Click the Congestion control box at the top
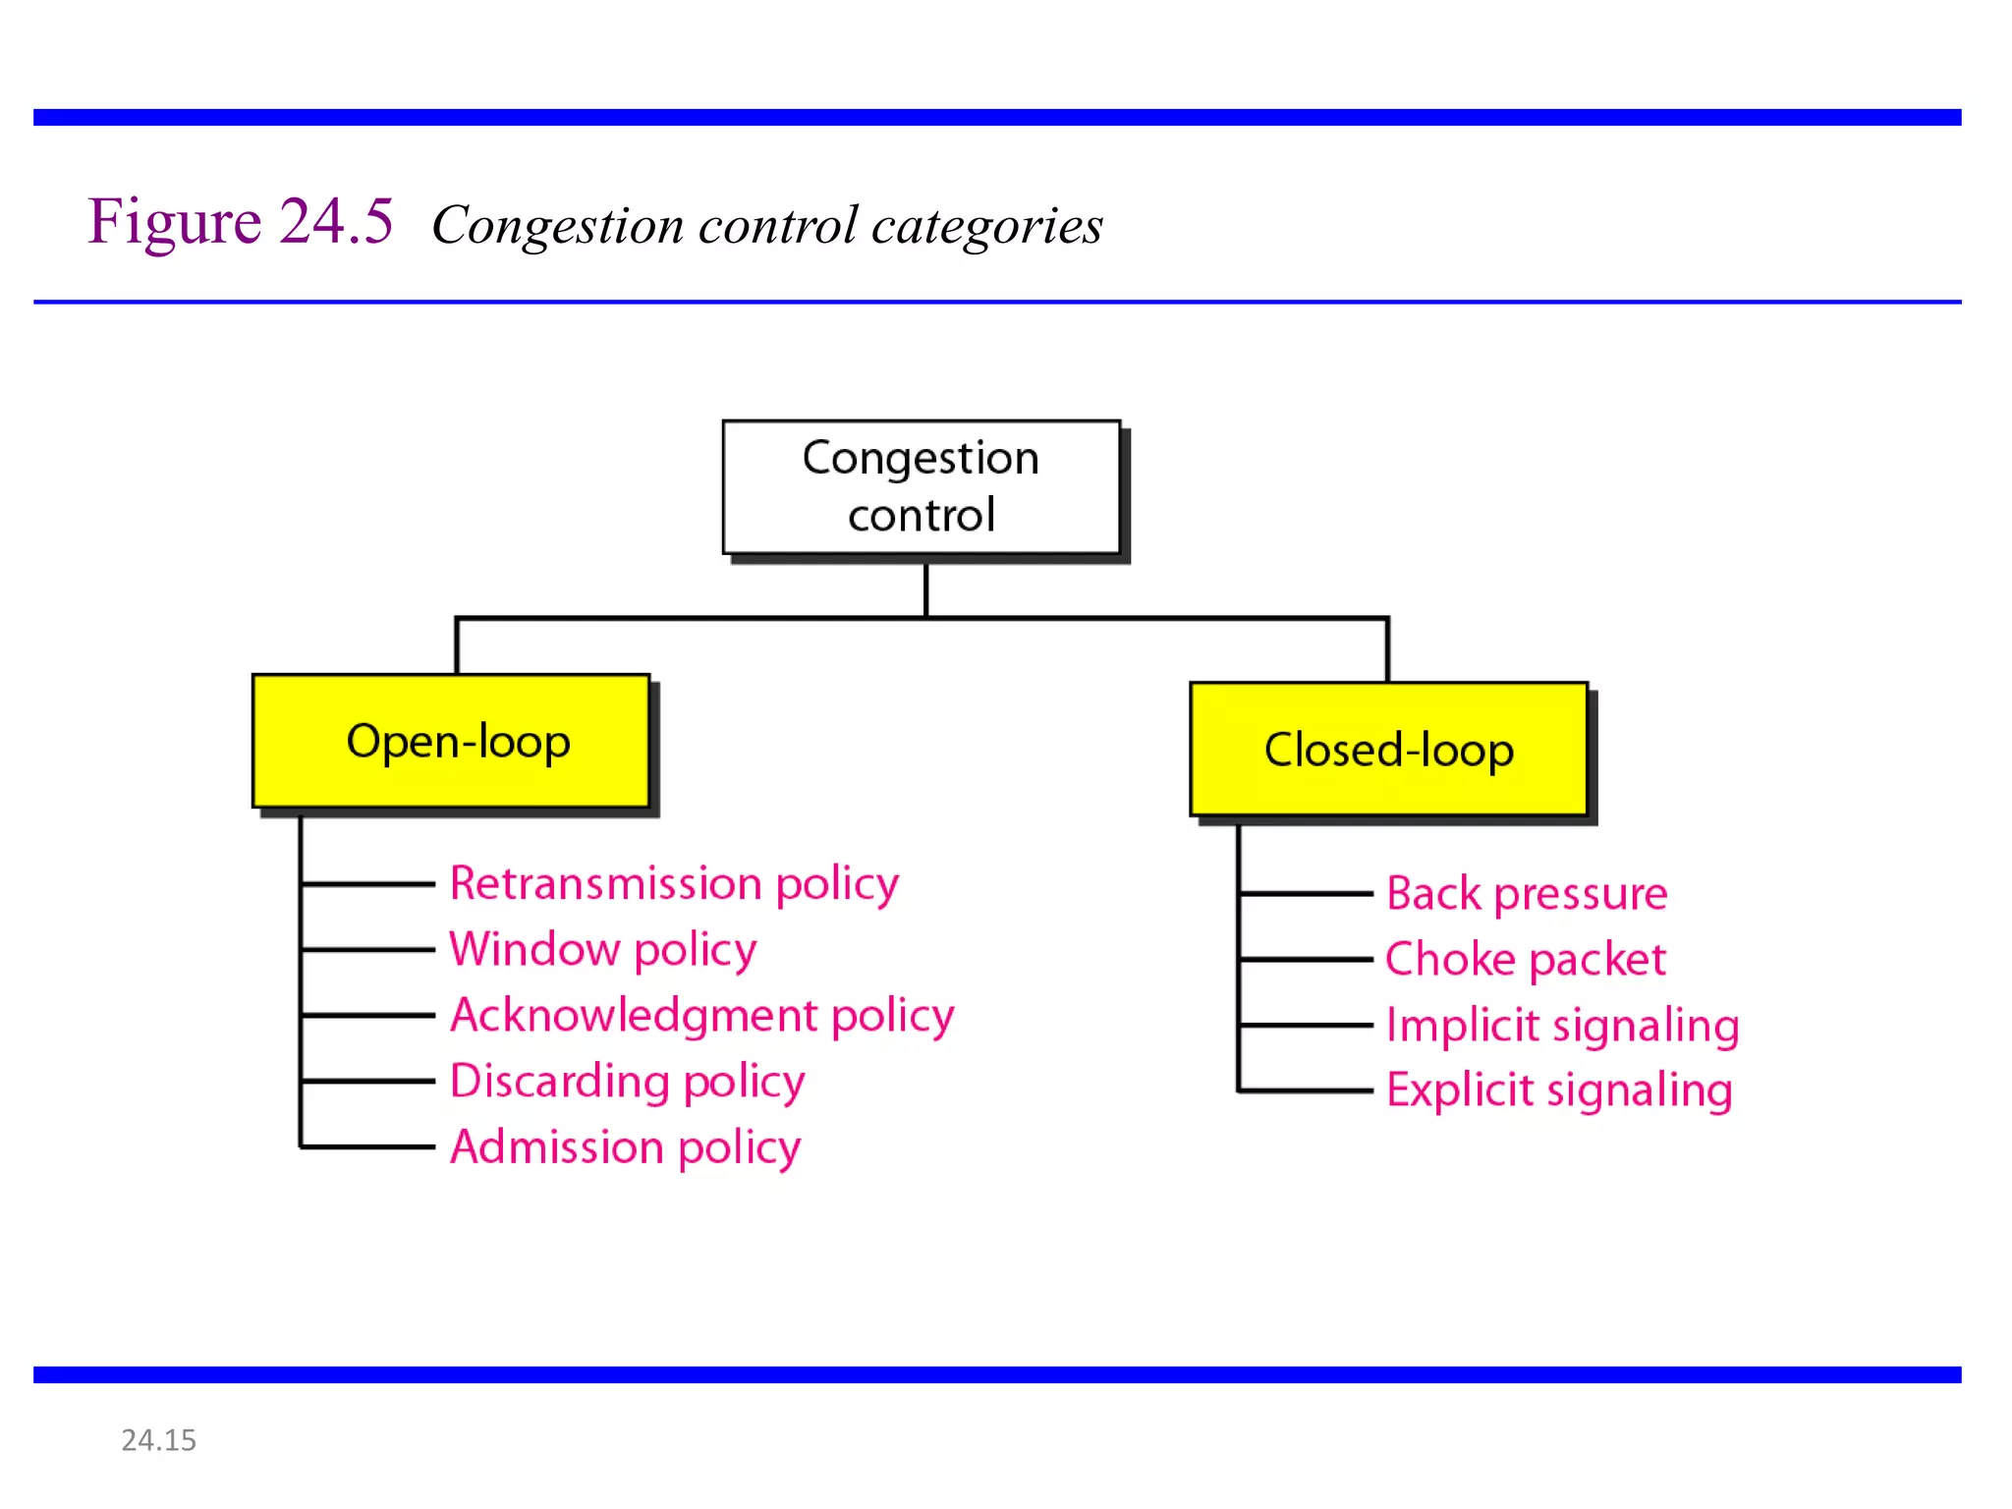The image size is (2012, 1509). click(x=921, y=487)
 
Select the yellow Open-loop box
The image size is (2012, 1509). click(x=452, y=742)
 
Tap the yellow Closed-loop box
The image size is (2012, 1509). click(x=1388, y=750)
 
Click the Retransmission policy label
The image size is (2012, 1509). click(x=674, y=883)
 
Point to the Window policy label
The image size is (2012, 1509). click(x=602, y=949)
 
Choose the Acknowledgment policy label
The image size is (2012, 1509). click(x=701, y=1015)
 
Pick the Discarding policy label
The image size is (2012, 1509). click(x=627, y=1081)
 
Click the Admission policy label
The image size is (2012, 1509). click(x=625, y=1146)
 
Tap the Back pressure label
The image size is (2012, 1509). click(x=1527, y=894)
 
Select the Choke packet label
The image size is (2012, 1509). click(x=1525, y=959)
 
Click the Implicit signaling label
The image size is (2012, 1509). click(x=1562, y=1025)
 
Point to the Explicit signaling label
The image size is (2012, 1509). click(x=1559, y=1090)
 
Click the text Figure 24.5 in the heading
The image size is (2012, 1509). click(x=241, y=221)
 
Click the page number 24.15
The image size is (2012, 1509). click(x=158, y=1440)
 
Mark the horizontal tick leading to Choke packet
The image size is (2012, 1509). click(x=1307, y=959)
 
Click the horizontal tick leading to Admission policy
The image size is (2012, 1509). click(x=368, y=1146)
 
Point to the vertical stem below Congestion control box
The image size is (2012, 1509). click(x=925, y=589)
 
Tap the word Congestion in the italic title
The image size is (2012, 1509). click(x=557, y=226)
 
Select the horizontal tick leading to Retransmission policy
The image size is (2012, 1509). click(x=368, y=884)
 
